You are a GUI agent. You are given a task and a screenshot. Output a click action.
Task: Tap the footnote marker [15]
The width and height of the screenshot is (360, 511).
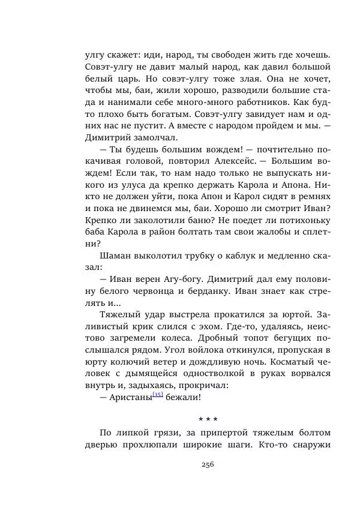[158, 394]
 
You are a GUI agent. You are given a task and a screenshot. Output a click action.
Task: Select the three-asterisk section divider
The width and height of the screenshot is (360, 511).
[208, 417]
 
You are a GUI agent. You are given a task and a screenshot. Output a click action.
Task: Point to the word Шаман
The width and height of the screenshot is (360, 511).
[113, 256]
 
